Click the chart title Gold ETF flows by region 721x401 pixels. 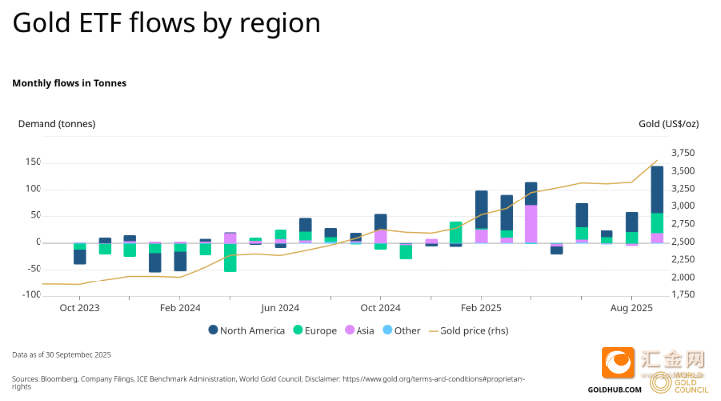166,24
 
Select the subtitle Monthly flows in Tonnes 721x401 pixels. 69,83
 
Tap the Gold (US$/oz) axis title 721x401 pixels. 667,123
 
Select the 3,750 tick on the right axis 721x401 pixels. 682,153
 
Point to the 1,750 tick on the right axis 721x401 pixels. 682,294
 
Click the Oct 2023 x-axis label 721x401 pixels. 79,307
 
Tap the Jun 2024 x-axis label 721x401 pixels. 280,307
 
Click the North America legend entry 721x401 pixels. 246,330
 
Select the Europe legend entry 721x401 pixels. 316,330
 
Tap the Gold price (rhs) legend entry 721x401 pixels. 480,330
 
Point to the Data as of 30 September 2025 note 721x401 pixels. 61,354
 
